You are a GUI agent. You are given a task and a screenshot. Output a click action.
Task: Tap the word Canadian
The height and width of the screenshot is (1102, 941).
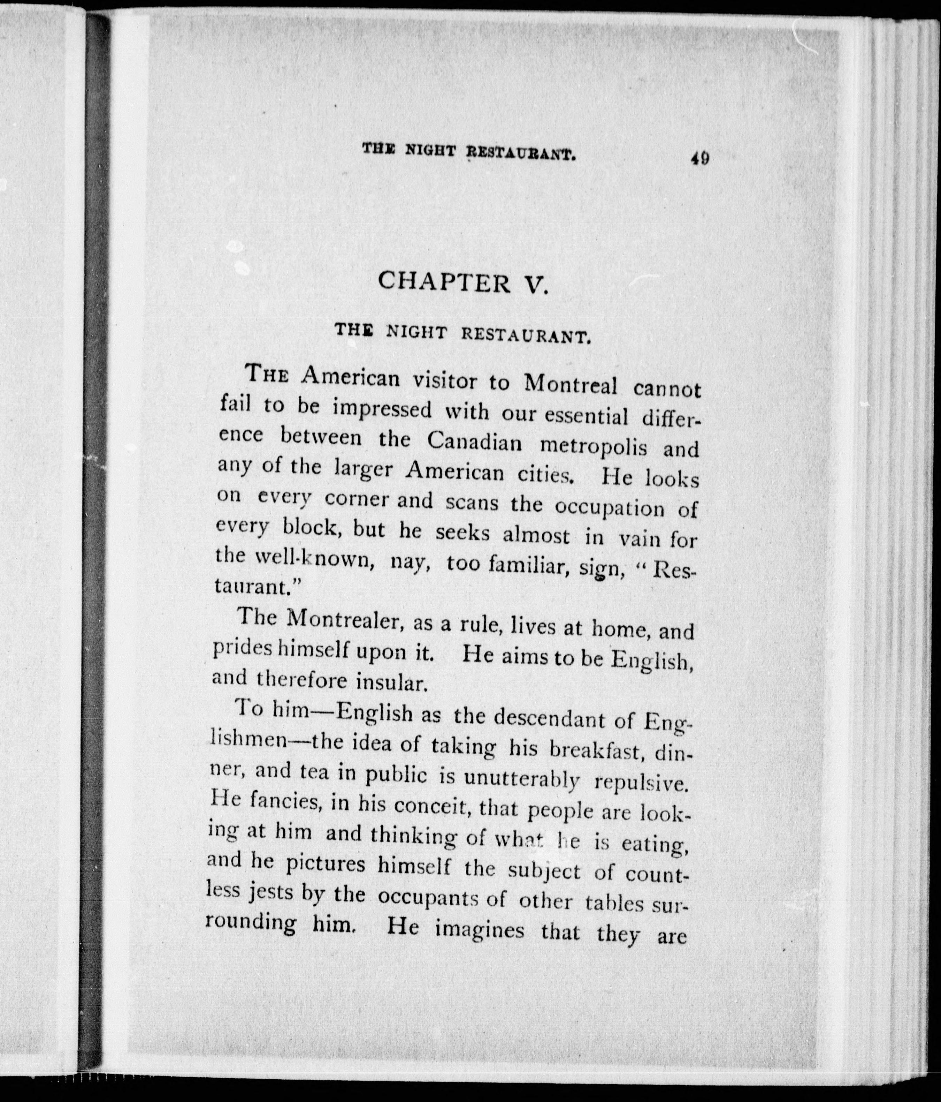click(474, 441)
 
